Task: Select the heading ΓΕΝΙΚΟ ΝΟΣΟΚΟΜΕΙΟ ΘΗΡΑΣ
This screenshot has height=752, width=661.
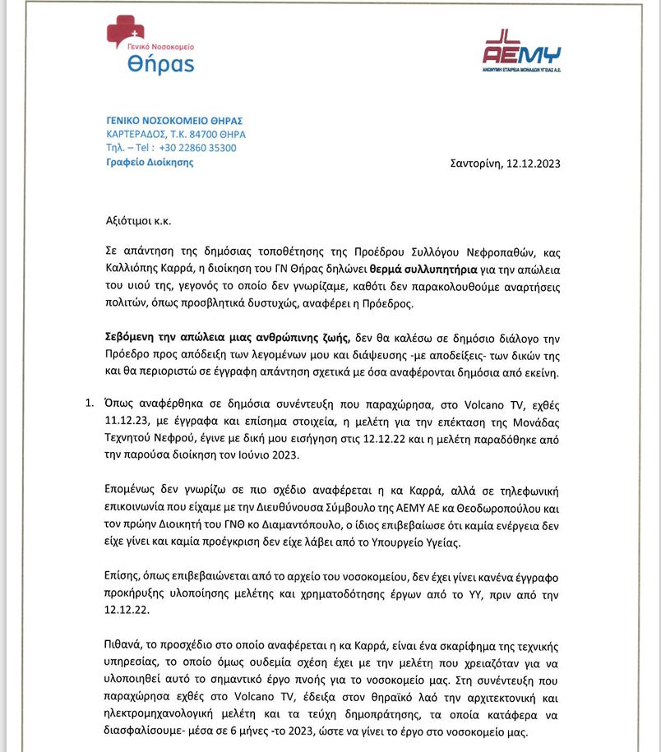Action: [175, 120]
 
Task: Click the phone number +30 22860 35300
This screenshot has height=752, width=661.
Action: [197, 148]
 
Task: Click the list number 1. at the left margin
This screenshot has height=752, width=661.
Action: [90, 403]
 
